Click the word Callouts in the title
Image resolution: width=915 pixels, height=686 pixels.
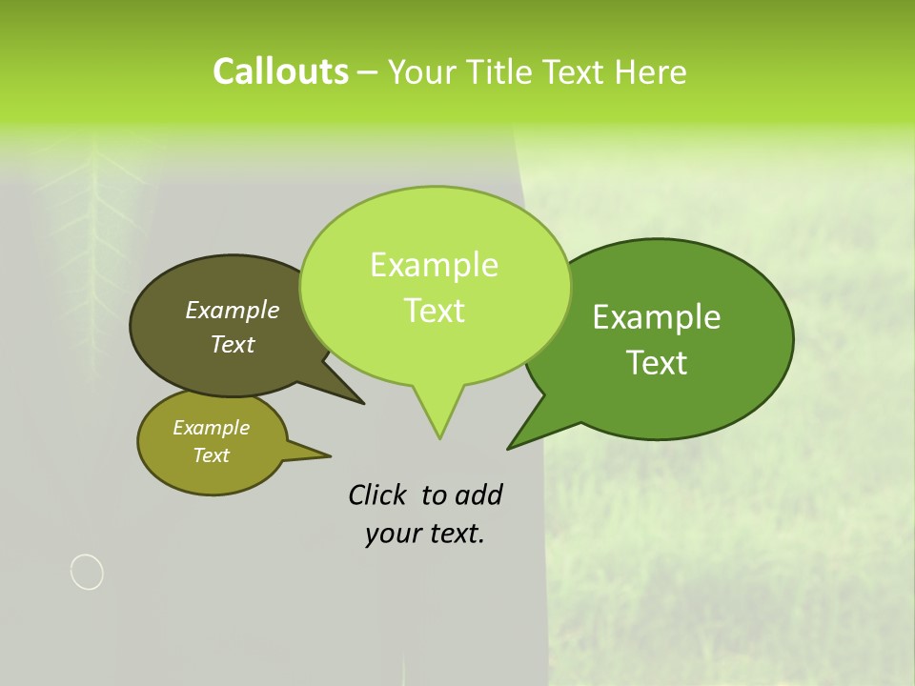(280, 71)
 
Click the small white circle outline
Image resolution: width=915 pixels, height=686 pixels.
(87, 572)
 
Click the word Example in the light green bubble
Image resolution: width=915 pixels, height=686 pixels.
(434, 265)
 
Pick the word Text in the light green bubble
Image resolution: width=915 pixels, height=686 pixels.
(434, 311)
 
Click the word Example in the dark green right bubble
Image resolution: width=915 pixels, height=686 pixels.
(657, 317)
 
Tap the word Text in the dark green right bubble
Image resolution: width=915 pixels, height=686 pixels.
(657, 363)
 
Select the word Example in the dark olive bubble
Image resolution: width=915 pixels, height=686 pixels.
(232, 311)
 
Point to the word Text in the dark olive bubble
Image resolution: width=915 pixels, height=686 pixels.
(232, 345)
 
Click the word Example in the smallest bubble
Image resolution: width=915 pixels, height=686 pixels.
(211, 428)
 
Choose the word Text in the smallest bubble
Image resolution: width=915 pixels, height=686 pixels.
(211, 455)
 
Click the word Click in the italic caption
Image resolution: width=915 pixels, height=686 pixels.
(377, 494)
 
